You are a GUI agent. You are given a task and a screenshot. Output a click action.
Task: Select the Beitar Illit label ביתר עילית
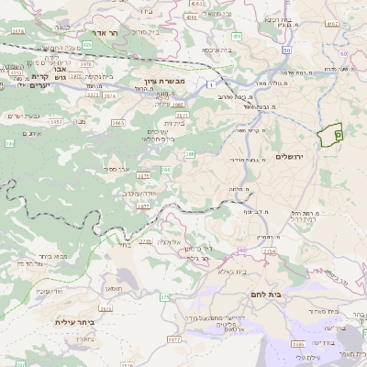pyautogui.click(x=75, y=323)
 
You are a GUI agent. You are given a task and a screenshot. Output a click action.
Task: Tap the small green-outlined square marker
pyautogui.click(x=339, y=135)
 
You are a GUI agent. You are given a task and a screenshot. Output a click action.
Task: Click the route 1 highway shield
pyautogui.click(x=213, y=83)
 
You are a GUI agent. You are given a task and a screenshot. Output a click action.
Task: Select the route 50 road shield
pyautogui.click(x=286, y=51)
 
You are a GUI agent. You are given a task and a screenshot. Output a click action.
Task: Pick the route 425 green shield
pyautogui.click(x=86, y=43)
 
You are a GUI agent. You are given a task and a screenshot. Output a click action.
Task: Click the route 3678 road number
pyautogui.click(x=18, y=31)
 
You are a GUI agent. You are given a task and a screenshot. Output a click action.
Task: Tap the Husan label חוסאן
pyautogui.click(x=114, y=287)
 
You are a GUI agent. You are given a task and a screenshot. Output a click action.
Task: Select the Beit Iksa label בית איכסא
pyautogui.click(x=217, y=50)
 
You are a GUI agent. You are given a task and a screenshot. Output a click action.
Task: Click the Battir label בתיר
pyautogui.click(x=124, y=245)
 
